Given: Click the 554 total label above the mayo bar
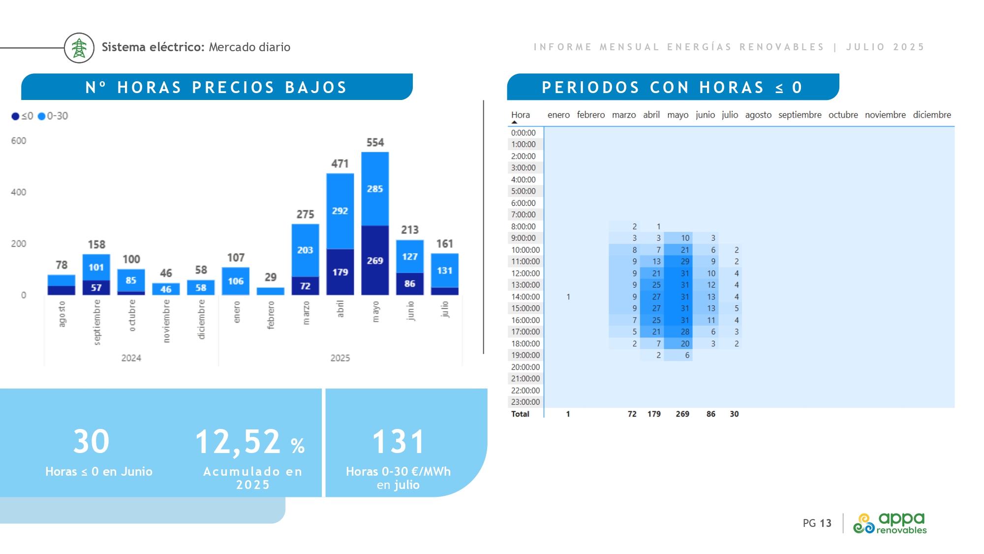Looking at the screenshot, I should [375, 143].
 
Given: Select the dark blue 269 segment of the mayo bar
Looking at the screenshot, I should [375, 261].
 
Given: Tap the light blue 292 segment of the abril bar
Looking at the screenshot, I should [340, 211].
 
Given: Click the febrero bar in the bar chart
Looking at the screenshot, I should [271, 291].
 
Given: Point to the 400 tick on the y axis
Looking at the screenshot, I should [19, 192].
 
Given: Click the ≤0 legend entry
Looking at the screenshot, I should [23, 116].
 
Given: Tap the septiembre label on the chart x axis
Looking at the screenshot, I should [97, 322].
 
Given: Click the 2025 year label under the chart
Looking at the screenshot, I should [340, 358].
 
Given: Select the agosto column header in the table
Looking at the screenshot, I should [758, 115].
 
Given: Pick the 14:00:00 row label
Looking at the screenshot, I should [525, 297].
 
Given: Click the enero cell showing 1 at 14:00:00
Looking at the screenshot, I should [568, 297].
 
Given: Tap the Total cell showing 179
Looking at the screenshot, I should [654, 414].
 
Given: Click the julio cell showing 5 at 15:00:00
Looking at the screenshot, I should [737, 308].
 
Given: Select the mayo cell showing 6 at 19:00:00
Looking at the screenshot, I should [687, 355].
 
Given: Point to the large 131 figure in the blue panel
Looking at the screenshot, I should [398, 442].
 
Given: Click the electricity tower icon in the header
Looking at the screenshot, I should [79, 48].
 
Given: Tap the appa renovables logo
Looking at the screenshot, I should [890, 523].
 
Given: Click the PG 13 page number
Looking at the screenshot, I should [817, 523].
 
